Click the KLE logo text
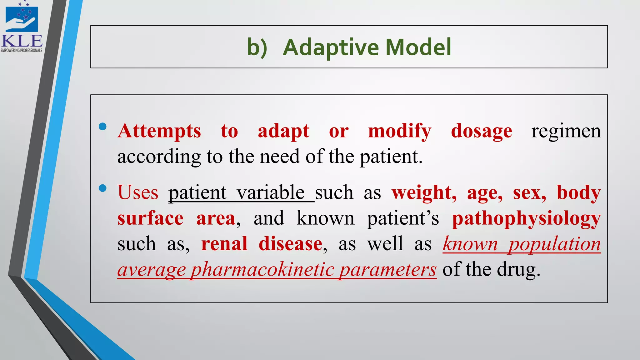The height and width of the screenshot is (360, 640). pos(22,41)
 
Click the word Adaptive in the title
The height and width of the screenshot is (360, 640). pos(331,47)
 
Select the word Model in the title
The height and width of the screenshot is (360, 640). pos(418,47)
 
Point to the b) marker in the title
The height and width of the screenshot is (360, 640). pos(257,48)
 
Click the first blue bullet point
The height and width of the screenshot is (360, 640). pos(102,127)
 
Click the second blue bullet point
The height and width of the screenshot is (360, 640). pos(102,188)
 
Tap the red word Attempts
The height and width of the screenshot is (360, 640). pos(159,131)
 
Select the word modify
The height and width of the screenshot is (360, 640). pos(400,132)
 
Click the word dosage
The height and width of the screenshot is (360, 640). pos(482,132)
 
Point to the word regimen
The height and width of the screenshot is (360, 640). pos(566,132)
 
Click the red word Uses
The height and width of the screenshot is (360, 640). pos(138,192)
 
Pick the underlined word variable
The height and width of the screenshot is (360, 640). pos(271,192)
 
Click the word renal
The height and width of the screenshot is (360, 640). pos(224,244)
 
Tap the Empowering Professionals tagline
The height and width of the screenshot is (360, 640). pos(22,50)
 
